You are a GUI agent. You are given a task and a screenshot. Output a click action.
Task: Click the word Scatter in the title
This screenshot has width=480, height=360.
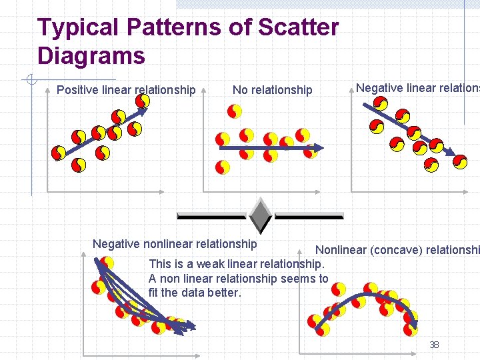(298, 28)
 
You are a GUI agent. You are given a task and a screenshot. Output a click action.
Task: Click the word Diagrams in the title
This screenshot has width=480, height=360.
(91, 56)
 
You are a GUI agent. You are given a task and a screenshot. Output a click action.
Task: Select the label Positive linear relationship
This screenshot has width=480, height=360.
(126, 90)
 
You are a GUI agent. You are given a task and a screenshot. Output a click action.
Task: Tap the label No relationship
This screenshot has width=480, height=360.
(272, 90)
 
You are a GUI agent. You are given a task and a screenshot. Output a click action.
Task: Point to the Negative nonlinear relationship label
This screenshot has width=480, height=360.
(175, 244)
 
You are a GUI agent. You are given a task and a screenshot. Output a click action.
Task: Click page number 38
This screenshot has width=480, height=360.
(434, 345)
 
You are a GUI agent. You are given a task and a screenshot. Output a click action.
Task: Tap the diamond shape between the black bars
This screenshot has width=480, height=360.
(259, 215)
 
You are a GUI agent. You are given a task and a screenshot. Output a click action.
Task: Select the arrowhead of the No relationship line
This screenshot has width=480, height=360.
(319, 148)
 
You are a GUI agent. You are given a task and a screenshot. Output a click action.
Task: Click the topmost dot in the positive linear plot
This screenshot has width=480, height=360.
(143, 101)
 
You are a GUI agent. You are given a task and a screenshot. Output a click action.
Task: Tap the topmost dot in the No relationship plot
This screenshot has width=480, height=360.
(234, 111)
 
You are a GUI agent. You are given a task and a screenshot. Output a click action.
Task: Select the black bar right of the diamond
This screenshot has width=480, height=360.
(309, 215)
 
